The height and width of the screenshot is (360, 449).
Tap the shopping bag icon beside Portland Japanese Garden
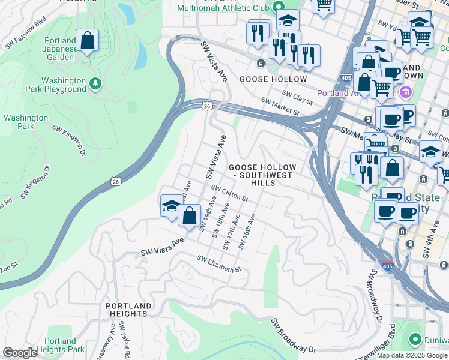(x=88, y=41)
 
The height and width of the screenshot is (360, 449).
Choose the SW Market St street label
(x=280, y=107)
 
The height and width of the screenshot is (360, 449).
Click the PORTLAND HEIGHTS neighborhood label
(x=127, y=310)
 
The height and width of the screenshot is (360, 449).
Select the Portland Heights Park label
(x=60, y=345)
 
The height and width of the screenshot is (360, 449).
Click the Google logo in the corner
(x=20, y=353)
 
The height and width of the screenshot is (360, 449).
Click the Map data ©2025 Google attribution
(x=412, y=355)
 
